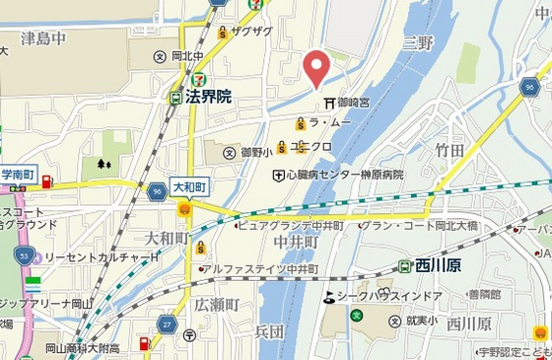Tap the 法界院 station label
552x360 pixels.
click(x=207, y=97)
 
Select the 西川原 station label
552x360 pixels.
click(x=438, y=265)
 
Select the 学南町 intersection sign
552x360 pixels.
click(x=19, y=175)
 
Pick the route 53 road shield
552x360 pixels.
click(x=23, y=254)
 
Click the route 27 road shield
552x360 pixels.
click(x=167, y=324)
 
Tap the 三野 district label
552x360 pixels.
click(x=418, y=42)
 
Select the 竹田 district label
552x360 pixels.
click(x=448, y=149)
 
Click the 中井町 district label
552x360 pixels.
click(x=296, y=242)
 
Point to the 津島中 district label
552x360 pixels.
click(x=43, y=39)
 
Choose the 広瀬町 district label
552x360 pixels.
click(x=216, y=305)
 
